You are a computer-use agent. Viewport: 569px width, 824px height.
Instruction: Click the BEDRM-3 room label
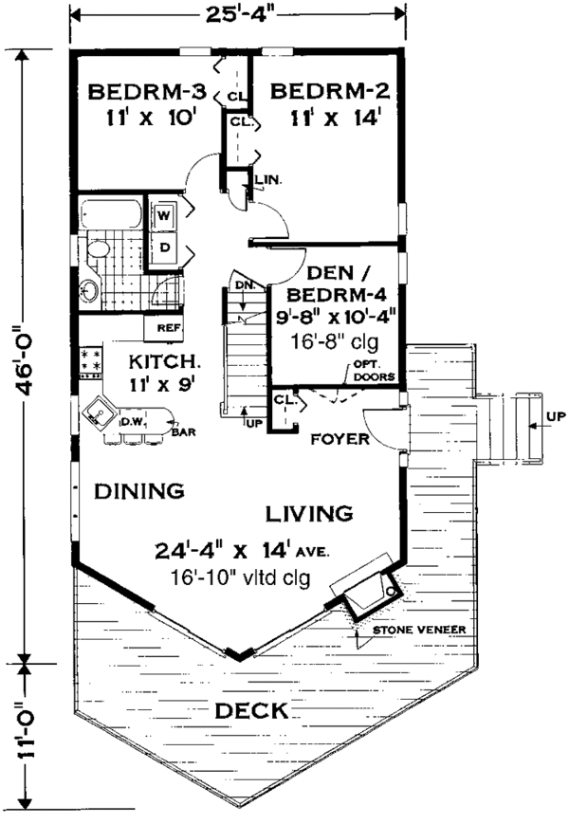click(147, 92)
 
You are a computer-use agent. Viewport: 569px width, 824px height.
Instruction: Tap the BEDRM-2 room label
click(330, 91)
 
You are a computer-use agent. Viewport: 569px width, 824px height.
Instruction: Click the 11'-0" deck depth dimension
click(25, 729)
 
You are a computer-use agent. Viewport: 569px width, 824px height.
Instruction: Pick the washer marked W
click(163, 215)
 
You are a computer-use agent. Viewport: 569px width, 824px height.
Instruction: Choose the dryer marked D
click(164, 247)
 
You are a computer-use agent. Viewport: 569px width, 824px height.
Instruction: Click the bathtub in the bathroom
click(111, 213)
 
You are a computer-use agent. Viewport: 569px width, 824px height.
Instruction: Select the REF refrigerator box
click(164, 327)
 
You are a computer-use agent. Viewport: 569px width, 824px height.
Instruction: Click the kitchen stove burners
click(90, 359)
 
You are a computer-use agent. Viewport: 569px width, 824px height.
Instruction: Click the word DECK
click(251, 711)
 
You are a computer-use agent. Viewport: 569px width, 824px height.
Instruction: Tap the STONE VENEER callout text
click(419, 630)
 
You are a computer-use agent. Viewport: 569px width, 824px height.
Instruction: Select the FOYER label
click(340, 439)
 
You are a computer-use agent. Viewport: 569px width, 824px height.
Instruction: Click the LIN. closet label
click(268, 180)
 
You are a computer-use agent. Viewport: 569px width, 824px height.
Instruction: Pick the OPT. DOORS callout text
click(374, 371)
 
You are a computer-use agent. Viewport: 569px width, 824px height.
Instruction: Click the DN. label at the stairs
click(246, 285)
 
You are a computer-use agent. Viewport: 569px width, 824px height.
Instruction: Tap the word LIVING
click(309, 513)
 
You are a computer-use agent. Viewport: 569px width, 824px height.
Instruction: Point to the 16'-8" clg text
click(335, 341)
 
